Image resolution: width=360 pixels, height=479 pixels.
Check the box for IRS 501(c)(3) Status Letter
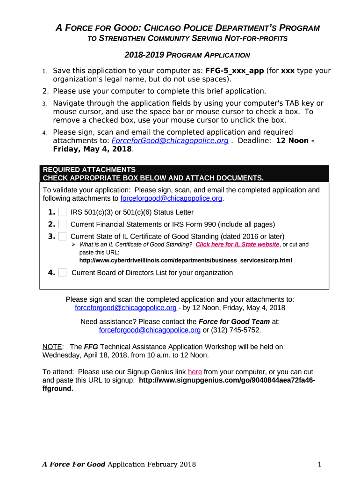(x=63, y=212)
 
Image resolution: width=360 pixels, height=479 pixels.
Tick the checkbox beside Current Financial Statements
(x=63, y=225)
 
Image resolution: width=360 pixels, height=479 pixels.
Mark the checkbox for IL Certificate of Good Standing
(x=63, y=236)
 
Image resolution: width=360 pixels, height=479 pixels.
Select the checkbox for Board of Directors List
(x=63, y=273)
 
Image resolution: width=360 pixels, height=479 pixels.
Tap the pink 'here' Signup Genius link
(x=195, y=372)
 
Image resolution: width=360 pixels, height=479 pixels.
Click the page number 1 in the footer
(x=319, y=464)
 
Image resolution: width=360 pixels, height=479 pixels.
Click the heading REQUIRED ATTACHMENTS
(x=89, y=170)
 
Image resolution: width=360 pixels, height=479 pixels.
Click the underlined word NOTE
(x=52, y=347)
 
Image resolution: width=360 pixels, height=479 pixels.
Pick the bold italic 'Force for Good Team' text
(x=234, y=322)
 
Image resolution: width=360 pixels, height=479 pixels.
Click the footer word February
(x=166, y=464)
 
